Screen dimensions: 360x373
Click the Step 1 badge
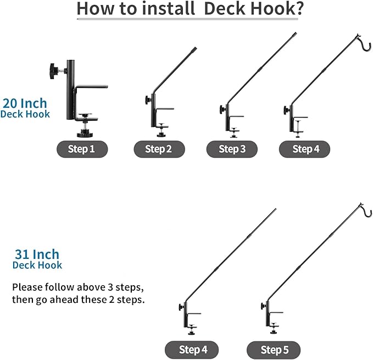(x=82, y=149)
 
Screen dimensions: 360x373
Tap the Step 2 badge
(x=159, y=149)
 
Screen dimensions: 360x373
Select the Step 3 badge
(x=232, y=149)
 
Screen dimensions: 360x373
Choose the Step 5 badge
(x=274, y=350)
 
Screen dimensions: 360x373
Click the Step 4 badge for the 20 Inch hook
(x=305, y=149)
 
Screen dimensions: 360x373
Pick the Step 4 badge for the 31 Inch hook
(x=192, y=350)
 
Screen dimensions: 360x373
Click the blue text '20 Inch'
(x=25, y=103)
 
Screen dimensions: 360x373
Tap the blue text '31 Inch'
(x=37, y=254)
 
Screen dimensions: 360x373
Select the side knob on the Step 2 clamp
(x=148, y=100)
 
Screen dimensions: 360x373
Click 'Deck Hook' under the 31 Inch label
(x=37, y=265)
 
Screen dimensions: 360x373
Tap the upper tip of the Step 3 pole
(x=295, y=34)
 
